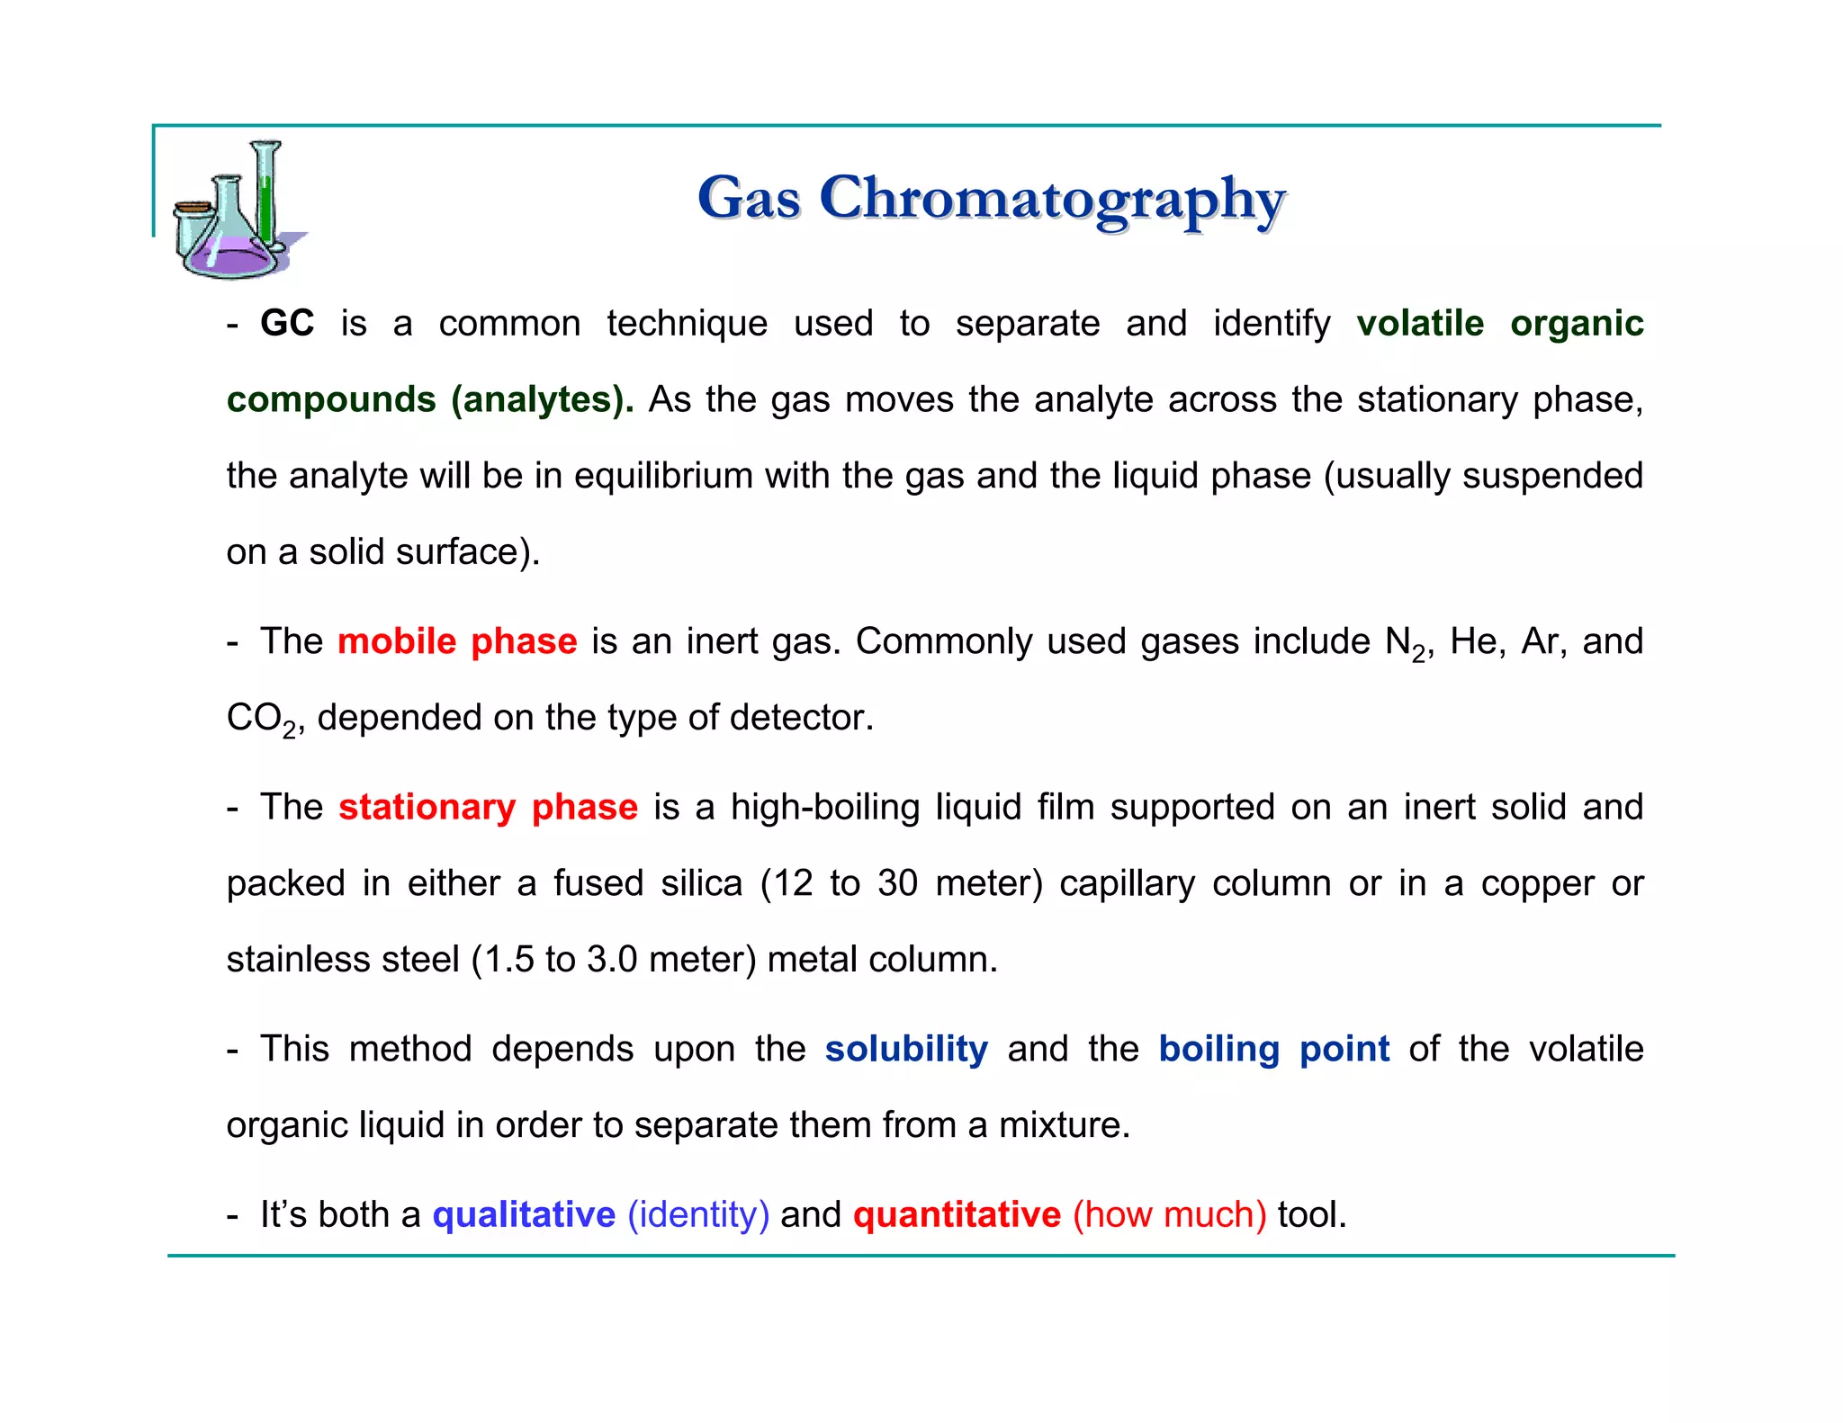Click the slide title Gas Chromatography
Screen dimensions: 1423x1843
click(x=991, y=199)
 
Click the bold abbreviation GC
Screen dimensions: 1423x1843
click(x=287, y=324)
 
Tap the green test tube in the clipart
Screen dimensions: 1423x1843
click(x=265, y=198)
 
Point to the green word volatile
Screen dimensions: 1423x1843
click(x=1420, y=324)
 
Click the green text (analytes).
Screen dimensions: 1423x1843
click(x=543, y=400)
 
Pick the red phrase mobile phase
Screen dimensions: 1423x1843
click(x=457, y=642)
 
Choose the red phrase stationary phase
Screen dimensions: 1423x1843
click(x=488, y=808)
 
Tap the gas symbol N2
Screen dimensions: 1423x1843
click(x=1405, y=644)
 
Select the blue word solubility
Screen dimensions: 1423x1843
click(x=906, y=1050)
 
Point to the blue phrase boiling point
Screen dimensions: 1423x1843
click(x=1273, y=1050)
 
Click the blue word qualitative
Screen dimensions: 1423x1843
click(x=524, y=1215)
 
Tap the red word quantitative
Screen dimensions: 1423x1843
click(x=957, y=1215)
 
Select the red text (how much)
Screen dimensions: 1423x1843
click(x=1169, y=1215)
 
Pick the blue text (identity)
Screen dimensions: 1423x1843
click(x=698, y=1215)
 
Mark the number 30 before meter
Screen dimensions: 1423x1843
click(x=897, y=884)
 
